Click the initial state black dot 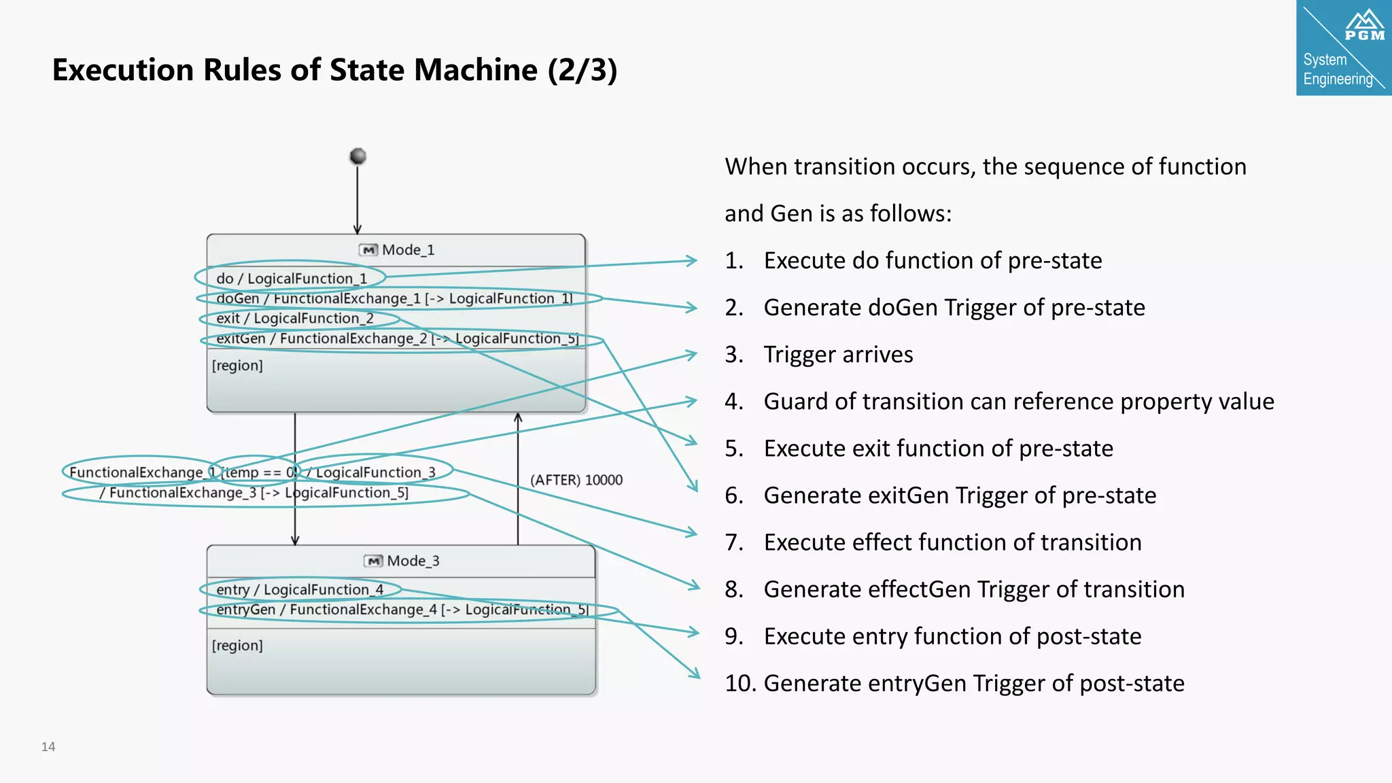[358, 156]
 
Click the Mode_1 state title [407, 250]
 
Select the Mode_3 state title [412, 561]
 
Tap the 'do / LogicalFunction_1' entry [291, 279]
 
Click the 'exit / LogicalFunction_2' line [294, 319]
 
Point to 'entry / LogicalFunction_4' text [299, 590]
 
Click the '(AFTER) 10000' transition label [576, 480]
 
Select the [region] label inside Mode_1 [237, 366]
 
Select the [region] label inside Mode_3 [237, 646]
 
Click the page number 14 [48, 747]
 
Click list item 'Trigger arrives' [837, 355]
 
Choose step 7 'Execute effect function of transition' [952, 542]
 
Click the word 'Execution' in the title [122, 70]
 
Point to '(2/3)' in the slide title [582, 70]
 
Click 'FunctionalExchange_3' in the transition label [182, 493]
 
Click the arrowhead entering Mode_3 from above [295, 540]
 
